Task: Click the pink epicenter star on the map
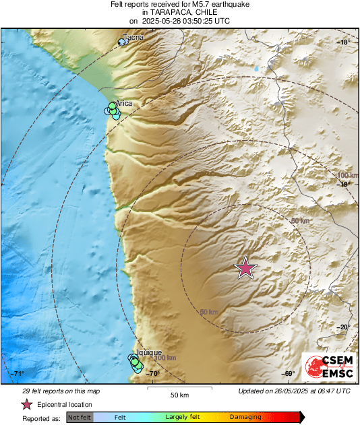click(245, 269)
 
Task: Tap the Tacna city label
click(133, 38)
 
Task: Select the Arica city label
click(123, 103)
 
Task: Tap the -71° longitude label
click(17, 374)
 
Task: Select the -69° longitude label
click(288, 374)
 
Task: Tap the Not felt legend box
click(80, 418)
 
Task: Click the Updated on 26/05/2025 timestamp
click(294, 391)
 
